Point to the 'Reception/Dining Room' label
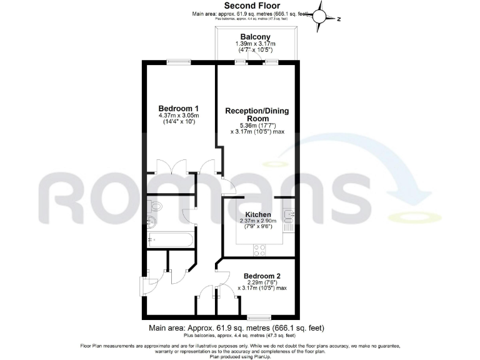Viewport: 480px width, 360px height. coord(257,114)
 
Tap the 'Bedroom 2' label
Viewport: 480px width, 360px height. coord(262,276)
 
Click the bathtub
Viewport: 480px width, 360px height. coord(169,239)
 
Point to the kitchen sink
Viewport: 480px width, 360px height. coord(288,216)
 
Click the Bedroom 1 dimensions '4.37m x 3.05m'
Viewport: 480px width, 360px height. coord(178,116)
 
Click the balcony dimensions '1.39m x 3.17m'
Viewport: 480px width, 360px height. coord(252,44)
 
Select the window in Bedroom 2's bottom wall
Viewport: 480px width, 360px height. coord(258,316)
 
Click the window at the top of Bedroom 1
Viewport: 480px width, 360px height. coord(176,61)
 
